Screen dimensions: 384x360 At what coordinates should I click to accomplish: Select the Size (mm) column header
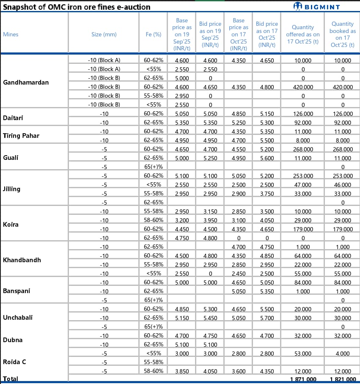[104, 34]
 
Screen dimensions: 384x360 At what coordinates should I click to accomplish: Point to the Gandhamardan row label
[26, 82]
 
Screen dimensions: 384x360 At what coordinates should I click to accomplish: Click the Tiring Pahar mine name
[21, 136]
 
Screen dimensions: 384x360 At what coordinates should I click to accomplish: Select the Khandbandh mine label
[22, 260]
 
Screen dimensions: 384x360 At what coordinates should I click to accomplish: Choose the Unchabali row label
[18, 317]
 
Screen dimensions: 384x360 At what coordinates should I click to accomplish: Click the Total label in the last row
[11, 379]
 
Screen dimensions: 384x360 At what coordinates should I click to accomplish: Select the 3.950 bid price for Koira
[210, 220]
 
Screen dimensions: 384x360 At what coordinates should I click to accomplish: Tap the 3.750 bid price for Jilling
[267, 194]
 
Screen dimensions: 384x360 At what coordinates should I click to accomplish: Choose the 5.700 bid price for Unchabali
[267, 318]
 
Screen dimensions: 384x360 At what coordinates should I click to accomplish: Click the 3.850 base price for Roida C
[182, 371]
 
